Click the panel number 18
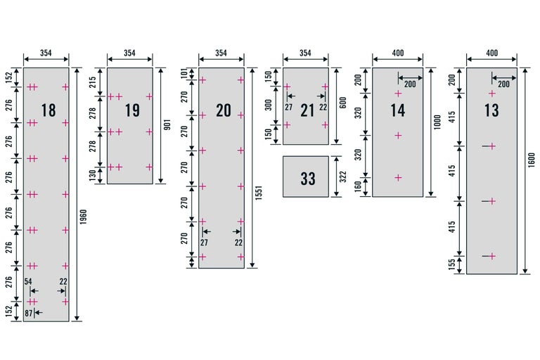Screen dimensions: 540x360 (49, 110)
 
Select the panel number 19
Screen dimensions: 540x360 (132, 110)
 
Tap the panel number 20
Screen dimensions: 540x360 (224, 110)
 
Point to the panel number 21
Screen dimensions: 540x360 (307, 110)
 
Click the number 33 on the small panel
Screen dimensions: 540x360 (308, 179)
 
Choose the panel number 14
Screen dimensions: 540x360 (397, 110)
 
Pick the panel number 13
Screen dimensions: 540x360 (491, 110)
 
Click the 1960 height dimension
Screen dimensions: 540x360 (84, 217)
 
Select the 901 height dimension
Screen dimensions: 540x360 (167, 124)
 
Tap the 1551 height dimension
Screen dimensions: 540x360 (259, 193)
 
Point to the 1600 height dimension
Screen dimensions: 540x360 (532, 160)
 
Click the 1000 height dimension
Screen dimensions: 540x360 (437, 122)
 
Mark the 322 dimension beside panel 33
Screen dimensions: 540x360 (342, 176)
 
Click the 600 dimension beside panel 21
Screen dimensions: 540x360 (342, 103)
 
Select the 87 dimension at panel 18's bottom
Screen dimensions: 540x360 (28, 313)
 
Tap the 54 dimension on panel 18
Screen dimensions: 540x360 (28, 282)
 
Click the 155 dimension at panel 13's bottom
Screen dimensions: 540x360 (452, 264)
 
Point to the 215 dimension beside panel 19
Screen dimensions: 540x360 (93, 82)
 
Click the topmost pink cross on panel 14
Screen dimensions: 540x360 (398, 94)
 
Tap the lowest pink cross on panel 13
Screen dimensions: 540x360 (492, 257)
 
